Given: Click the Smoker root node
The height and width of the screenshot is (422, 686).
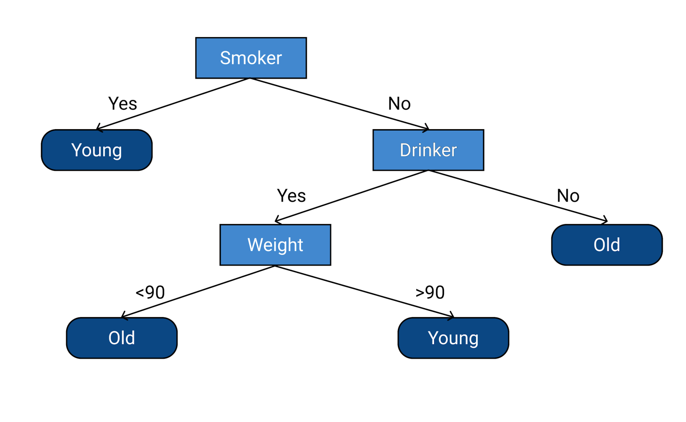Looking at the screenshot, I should point(251,58).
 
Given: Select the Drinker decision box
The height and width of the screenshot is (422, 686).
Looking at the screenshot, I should point(428,150).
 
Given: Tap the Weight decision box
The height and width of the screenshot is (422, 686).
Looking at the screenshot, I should point(275,245).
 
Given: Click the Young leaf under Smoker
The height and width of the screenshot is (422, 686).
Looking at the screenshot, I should point(97,150).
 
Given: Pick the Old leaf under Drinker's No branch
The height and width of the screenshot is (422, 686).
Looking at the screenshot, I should point(607,245).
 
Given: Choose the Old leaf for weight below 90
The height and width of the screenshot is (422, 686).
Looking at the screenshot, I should point(121,338).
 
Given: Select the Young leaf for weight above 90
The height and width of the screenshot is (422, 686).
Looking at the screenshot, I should point(453,338).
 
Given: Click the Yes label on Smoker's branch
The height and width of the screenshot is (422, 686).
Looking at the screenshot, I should point(122,104).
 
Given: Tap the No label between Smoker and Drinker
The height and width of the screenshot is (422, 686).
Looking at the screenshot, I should point(399,104).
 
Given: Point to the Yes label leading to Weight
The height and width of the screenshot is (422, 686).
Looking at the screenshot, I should point(291,196).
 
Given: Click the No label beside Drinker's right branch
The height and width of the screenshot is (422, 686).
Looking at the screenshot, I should point(568,196).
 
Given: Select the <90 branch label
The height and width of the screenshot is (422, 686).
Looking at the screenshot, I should point(150,292).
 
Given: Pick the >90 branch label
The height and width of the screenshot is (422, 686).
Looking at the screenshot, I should point(430,292).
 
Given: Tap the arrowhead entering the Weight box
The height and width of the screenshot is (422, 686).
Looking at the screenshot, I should point(278,220).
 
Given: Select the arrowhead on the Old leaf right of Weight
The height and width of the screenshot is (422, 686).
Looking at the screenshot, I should point(605,220).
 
